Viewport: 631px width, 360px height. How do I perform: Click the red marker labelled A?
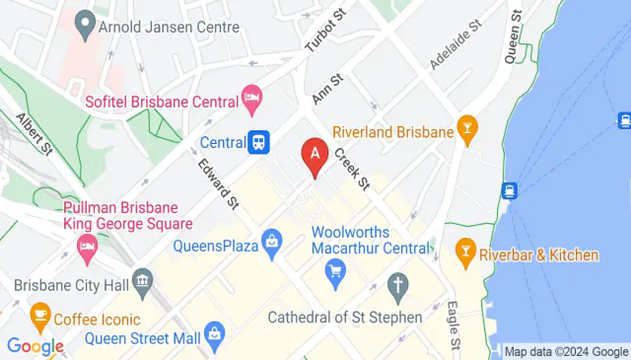pyautogui.click(x=315, y=155)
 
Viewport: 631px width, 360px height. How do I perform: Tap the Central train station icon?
pyautogui.click(x=259, y=142)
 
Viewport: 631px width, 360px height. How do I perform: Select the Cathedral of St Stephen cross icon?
pyautogui.click(x=398, y=288)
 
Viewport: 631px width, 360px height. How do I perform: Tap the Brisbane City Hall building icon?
pyautogui.click(x=144, y=284)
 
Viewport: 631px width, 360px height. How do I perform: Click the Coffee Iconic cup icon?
pyautogui.click(x=39, y=318)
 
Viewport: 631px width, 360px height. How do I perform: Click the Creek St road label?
pyautogui.click(x=350, y=168)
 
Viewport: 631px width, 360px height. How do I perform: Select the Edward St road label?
pyautogui.click(x=219, y=184)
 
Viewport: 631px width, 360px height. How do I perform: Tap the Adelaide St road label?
pyautogui.click(x=455, y=42)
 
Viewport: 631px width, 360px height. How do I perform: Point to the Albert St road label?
pyautogui.click(x=34, y=133)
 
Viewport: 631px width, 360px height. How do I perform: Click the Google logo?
pyautogui.click(x=35, y=346)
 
